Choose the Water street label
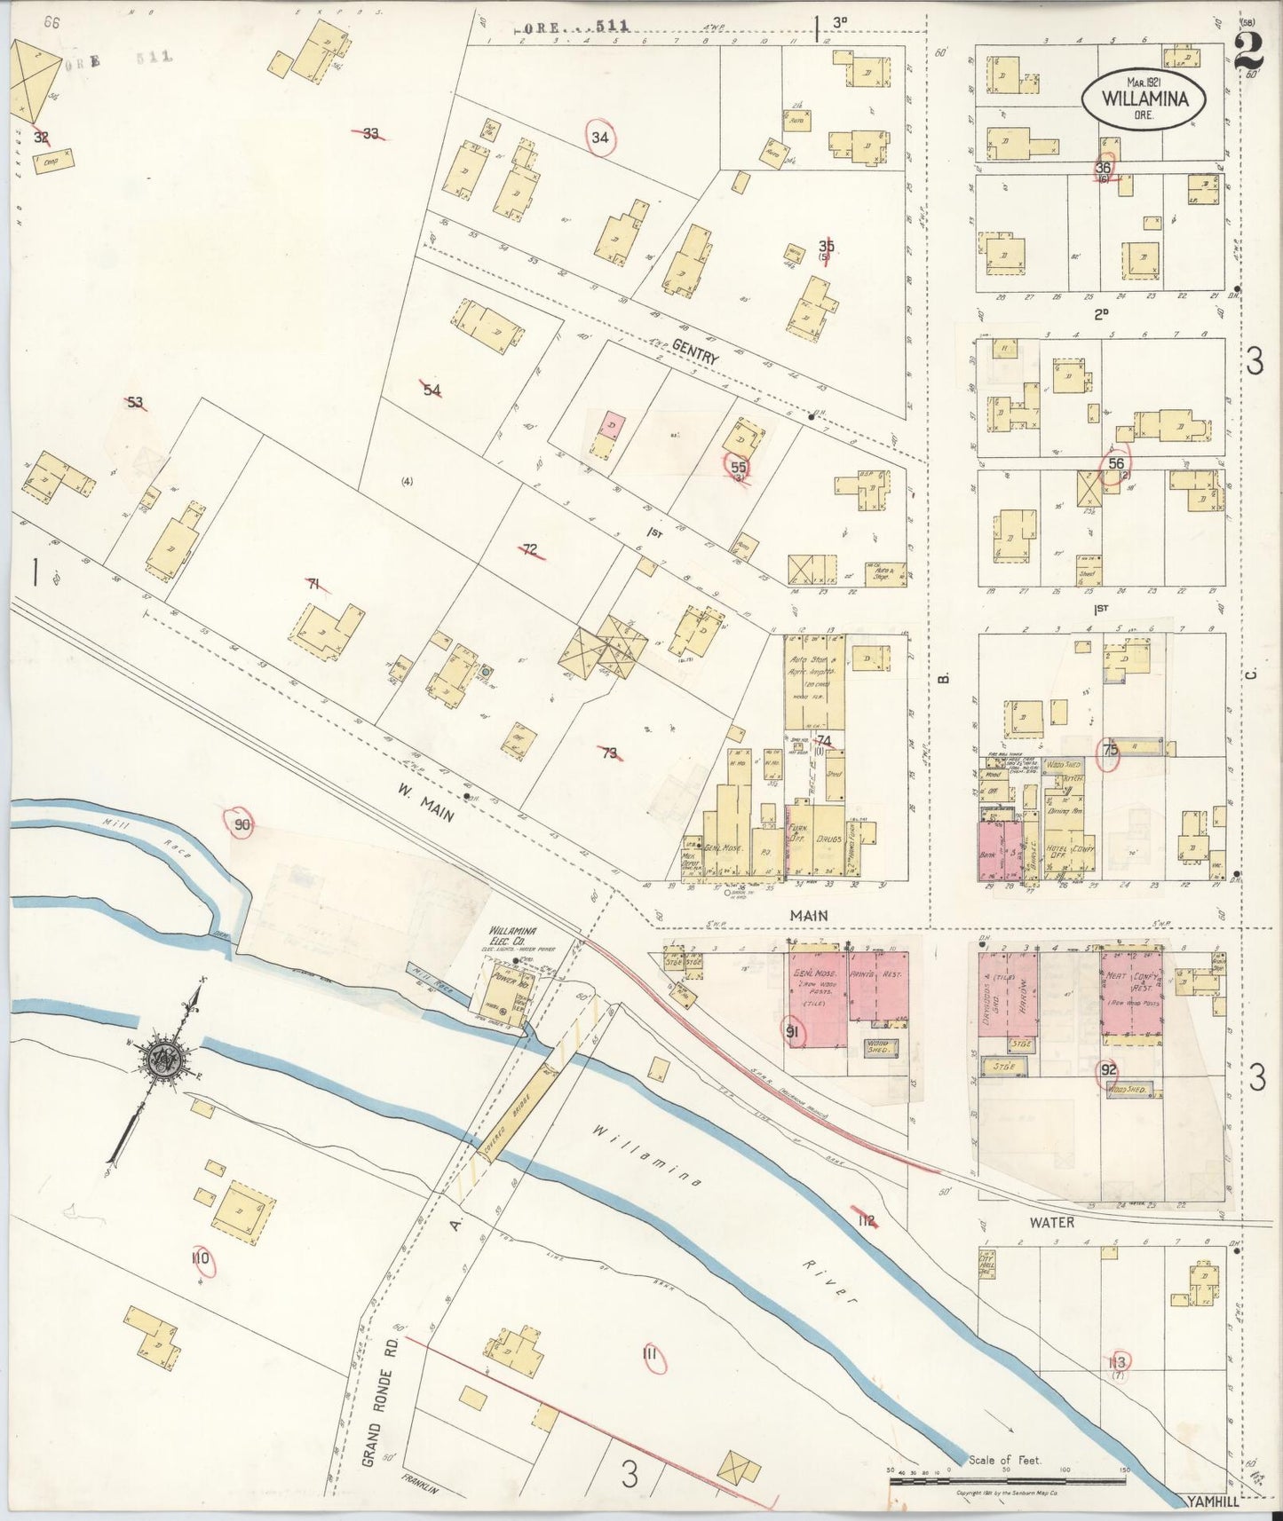tap(1051, 1222)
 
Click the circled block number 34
tap(601, 138)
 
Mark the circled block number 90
tap(242, 825)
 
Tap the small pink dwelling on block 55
tap(611, 424)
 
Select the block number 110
tap(201, 1258)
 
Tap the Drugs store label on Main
tap(829, 838)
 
